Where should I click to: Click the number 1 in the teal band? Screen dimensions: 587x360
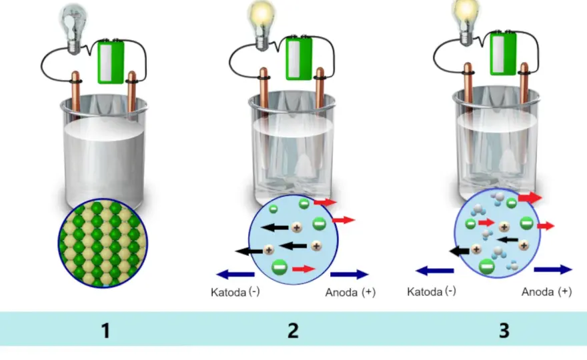(105, 331)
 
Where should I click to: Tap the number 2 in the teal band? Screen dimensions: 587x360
(293, 331)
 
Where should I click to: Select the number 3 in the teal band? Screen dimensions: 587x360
(504, 331)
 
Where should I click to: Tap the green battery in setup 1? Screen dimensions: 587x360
(111, 62)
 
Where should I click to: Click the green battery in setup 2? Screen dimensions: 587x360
(299, 58)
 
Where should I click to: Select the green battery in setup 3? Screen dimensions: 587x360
(503, 53)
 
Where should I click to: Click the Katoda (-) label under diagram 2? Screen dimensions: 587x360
(235, 292)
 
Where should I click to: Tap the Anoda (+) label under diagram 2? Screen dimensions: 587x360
(350, 292)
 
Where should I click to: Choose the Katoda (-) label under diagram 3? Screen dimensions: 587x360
(432, 291)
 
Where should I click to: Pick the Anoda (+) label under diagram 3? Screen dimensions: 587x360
(546, 291)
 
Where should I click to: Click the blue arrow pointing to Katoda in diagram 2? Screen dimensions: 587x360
(235, 274)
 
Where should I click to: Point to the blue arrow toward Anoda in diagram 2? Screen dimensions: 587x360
(350, 274)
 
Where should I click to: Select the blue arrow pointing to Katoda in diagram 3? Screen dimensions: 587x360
(435, 270)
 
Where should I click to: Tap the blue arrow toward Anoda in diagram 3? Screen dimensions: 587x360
(553, 269)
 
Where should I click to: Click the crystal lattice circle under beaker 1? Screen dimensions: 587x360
(103, 243)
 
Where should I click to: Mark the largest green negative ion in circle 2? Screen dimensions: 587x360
(279, 267)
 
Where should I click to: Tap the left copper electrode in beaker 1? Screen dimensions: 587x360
(75, 93)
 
